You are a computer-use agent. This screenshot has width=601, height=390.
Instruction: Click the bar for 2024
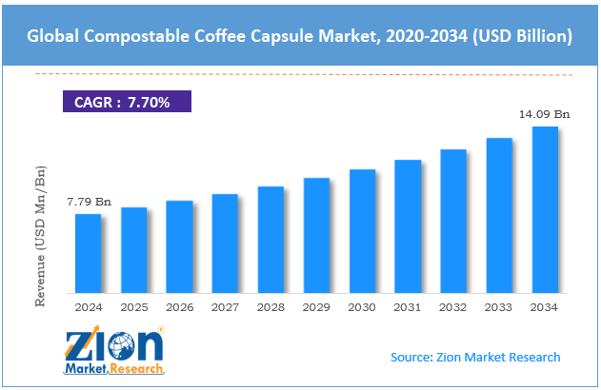[88, 253]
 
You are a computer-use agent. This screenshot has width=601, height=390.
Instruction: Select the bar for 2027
[225, 244]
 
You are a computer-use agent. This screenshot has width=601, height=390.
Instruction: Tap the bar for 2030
[362, 231]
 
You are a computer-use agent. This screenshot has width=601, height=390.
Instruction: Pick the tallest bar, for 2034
[544, 209]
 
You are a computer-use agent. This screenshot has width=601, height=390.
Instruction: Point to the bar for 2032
[452, 221]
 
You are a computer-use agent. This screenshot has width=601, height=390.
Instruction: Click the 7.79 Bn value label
[88, 202]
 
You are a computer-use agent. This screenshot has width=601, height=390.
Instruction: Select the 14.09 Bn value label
[544, 114]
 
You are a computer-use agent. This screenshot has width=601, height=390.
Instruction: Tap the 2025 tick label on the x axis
[133, 306]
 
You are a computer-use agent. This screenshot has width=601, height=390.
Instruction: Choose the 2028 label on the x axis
[270, 306]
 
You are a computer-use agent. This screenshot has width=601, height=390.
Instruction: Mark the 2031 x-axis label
[408, 306]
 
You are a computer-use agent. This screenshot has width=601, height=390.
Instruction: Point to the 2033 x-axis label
[499, 306]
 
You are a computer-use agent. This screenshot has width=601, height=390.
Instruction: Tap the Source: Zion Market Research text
[475, 357]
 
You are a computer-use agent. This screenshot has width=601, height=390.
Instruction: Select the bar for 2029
[316, 235]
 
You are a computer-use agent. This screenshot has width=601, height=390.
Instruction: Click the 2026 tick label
[179, 306]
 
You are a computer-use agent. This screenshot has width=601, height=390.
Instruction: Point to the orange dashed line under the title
[300, 73]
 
